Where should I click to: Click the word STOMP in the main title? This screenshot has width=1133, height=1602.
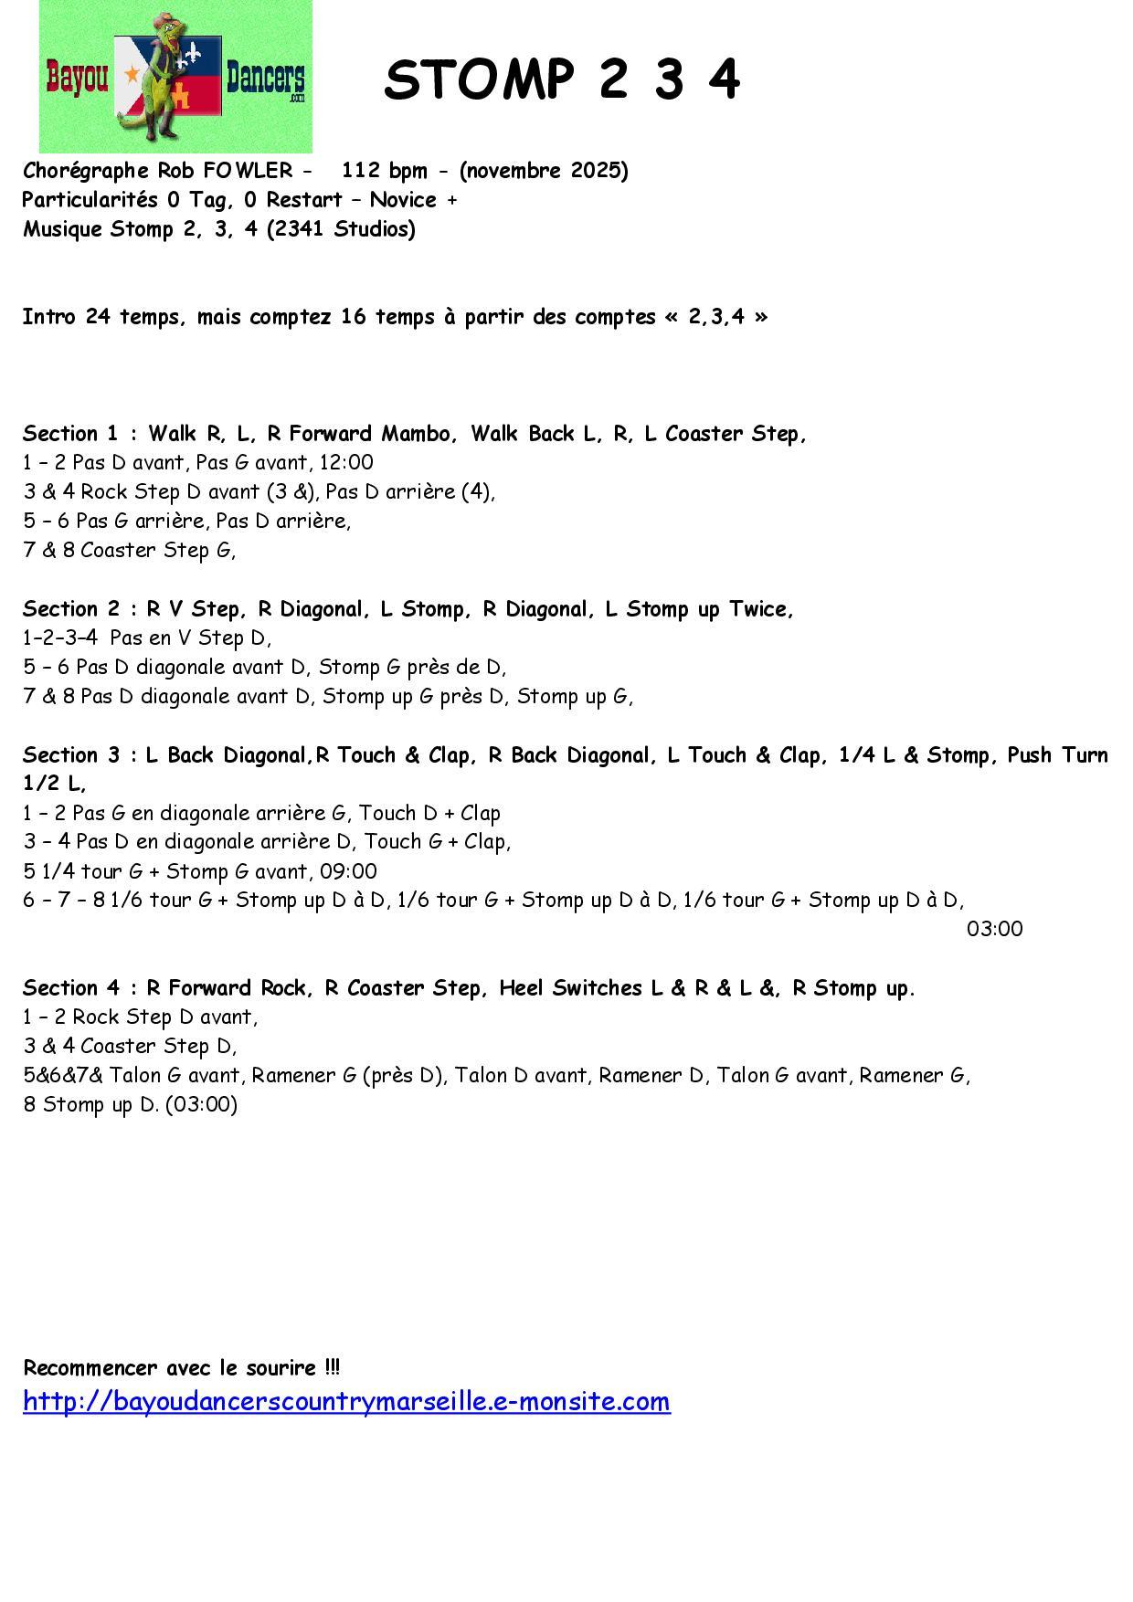[478, 79]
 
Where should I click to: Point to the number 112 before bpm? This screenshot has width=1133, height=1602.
[361, 171]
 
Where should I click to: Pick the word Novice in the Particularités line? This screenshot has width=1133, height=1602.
[403, 200]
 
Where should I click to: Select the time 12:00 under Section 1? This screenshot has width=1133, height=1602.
[345, 463]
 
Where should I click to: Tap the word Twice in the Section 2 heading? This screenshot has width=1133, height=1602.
[757, 609]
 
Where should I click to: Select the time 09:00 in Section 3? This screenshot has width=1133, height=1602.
[348, 871]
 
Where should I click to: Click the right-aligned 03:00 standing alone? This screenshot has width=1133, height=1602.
[994, 930]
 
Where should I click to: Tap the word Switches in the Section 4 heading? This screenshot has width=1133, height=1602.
[597, 988]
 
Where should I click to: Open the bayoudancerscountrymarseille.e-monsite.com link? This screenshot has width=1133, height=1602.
[346, 1401]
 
